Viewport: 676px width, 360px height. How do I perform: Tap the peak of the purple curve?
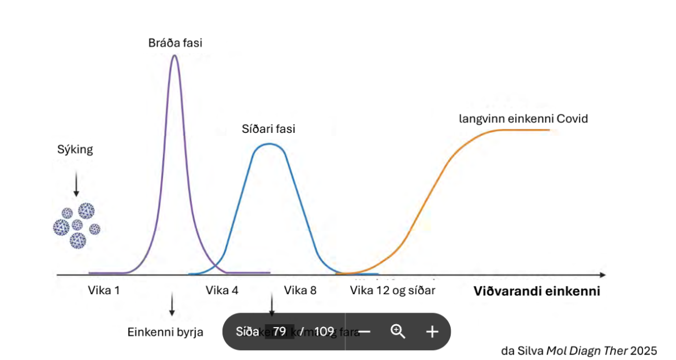tap(174, 55)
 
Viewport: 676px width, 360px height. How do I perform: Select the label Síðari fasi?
tap(268, 129)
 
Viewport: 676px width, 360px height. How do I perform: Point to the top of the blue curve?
tap(268, 143)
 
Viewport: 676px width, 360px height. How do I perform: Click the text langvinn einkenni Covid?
tap(523, 119)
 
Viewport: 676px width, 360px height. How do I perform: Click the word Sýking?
tap(75, 150)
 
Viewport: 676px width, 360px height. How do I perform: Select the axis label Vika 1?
tap(104, 290)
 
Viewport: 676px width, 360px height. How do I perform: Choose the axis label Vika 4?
tap(222, 290)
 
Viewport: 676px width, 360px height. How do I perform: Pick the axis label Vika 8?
tap(300, 290)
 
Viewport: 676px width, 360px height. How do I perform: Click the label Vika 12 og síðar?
tap(392, 290)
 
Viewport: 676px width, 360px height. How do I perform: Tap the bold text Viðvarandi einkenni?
tap(537, 291)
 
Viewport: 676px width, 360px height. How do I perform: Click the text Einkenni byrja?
tap(165, 332)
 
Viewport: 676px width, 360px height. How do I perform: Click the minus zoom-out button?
tap(365, 332)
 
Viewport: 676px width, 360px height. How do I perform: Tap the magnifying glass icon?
tap(398, 331)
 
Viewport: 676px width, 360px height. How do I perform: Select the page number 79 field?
tap(280, 332)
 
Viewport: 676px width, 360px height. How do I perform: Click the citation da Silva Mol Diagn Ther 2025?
tap(579, 350)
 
